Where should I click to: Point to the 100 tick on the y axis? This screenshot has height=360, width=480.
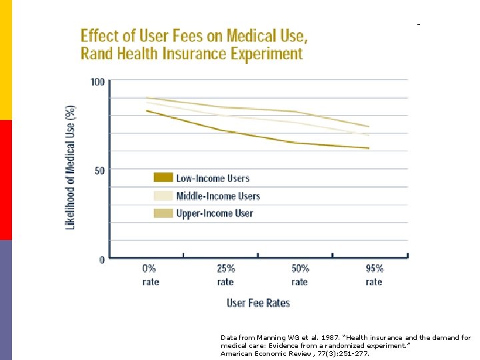coord(97,82)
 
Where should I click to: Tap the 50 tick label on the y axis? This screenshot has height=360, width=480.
coord(99,171)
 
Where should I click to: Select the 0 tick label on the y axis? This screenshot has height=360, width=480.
coord(102,260)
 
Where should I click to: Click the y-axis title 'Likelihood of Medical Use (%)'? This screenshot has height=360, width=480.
coord(70,167)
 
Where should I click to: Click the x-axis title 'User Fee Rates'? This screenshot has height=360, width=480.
coord(259,303)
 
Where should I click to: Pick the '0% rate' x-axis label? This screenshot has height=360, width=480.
coord(151,275)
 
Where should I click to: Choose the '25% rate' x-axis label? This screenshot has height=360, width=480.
coord(225,275)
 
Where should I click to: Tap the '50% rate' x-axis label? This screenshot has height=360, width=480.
coord(300,275)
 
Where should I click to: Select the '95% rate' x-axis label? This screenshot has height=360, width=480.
coord(374,275)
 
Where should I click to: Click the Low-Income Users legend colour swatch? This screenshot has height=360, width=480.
coord(163,178)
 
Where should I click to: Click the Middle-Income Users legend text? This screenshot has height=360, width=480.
coord(217,196)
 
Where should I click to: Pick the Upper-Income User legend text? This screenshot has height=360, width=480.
coord(214,213)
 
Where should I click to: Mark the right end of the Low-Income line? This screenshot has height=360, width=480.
coord(369,148)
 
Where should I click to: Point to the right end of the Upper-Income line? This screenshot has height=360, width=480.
coord(369,126)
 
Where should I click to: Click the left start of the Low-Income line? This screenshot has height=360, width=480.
coord(147,111)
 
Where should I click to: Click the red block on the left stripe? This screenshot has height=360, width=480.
coord(6,180)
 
